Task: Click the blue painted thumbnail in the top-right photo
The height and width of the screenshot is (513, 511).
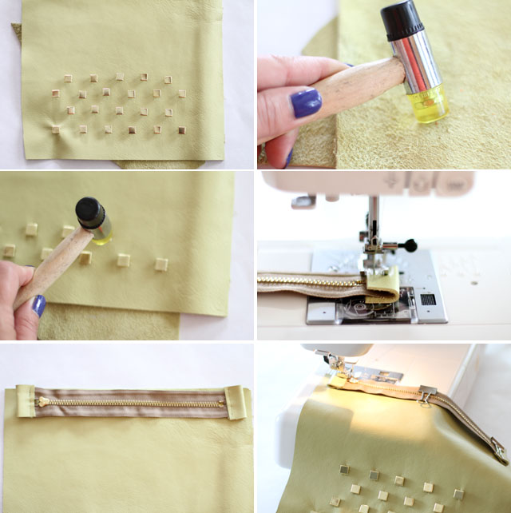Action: tap(306, 103)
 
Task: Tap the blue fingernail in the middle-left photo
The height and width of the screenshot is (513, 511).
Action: tap(38, 305)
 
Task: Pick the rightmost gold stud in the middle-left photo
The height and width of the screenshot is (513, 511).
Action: tap(161, 264)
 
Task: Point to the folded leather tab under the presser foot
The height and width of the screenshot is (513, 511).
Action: tap(382, 280)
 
